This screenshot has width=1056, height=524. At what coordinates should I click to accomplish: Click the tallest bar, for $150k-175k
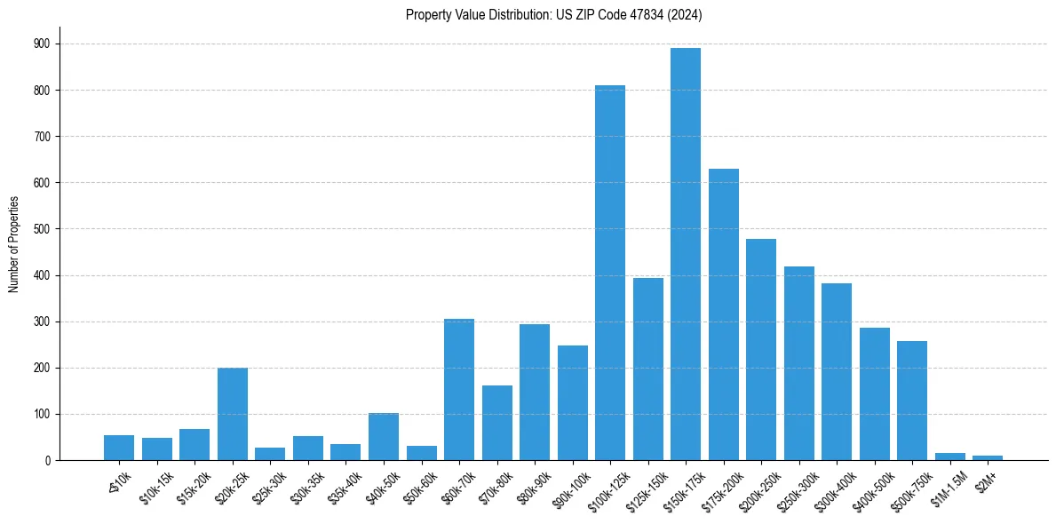click(686, 254)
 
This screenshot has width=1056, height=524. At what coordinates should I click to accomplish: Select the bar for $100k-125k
click(610, 273)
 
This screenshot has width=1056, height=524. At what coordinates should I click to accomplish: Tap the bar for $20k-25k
click(233, 414)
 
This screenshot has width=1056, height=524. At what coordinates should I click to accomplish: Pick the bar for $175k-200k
click(723, 314)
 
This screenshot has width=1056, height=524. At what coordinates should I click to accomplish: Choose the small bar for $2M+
click(988, 457)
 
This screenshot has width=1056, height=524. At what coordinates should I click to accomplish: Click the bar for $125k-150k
click(648, 369)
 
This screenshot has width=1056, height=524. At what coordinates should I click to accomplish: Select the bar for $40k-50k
click(384, 436)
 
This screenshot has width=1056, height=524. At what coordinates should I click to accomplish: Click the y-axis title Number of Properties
click(13, 244)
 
